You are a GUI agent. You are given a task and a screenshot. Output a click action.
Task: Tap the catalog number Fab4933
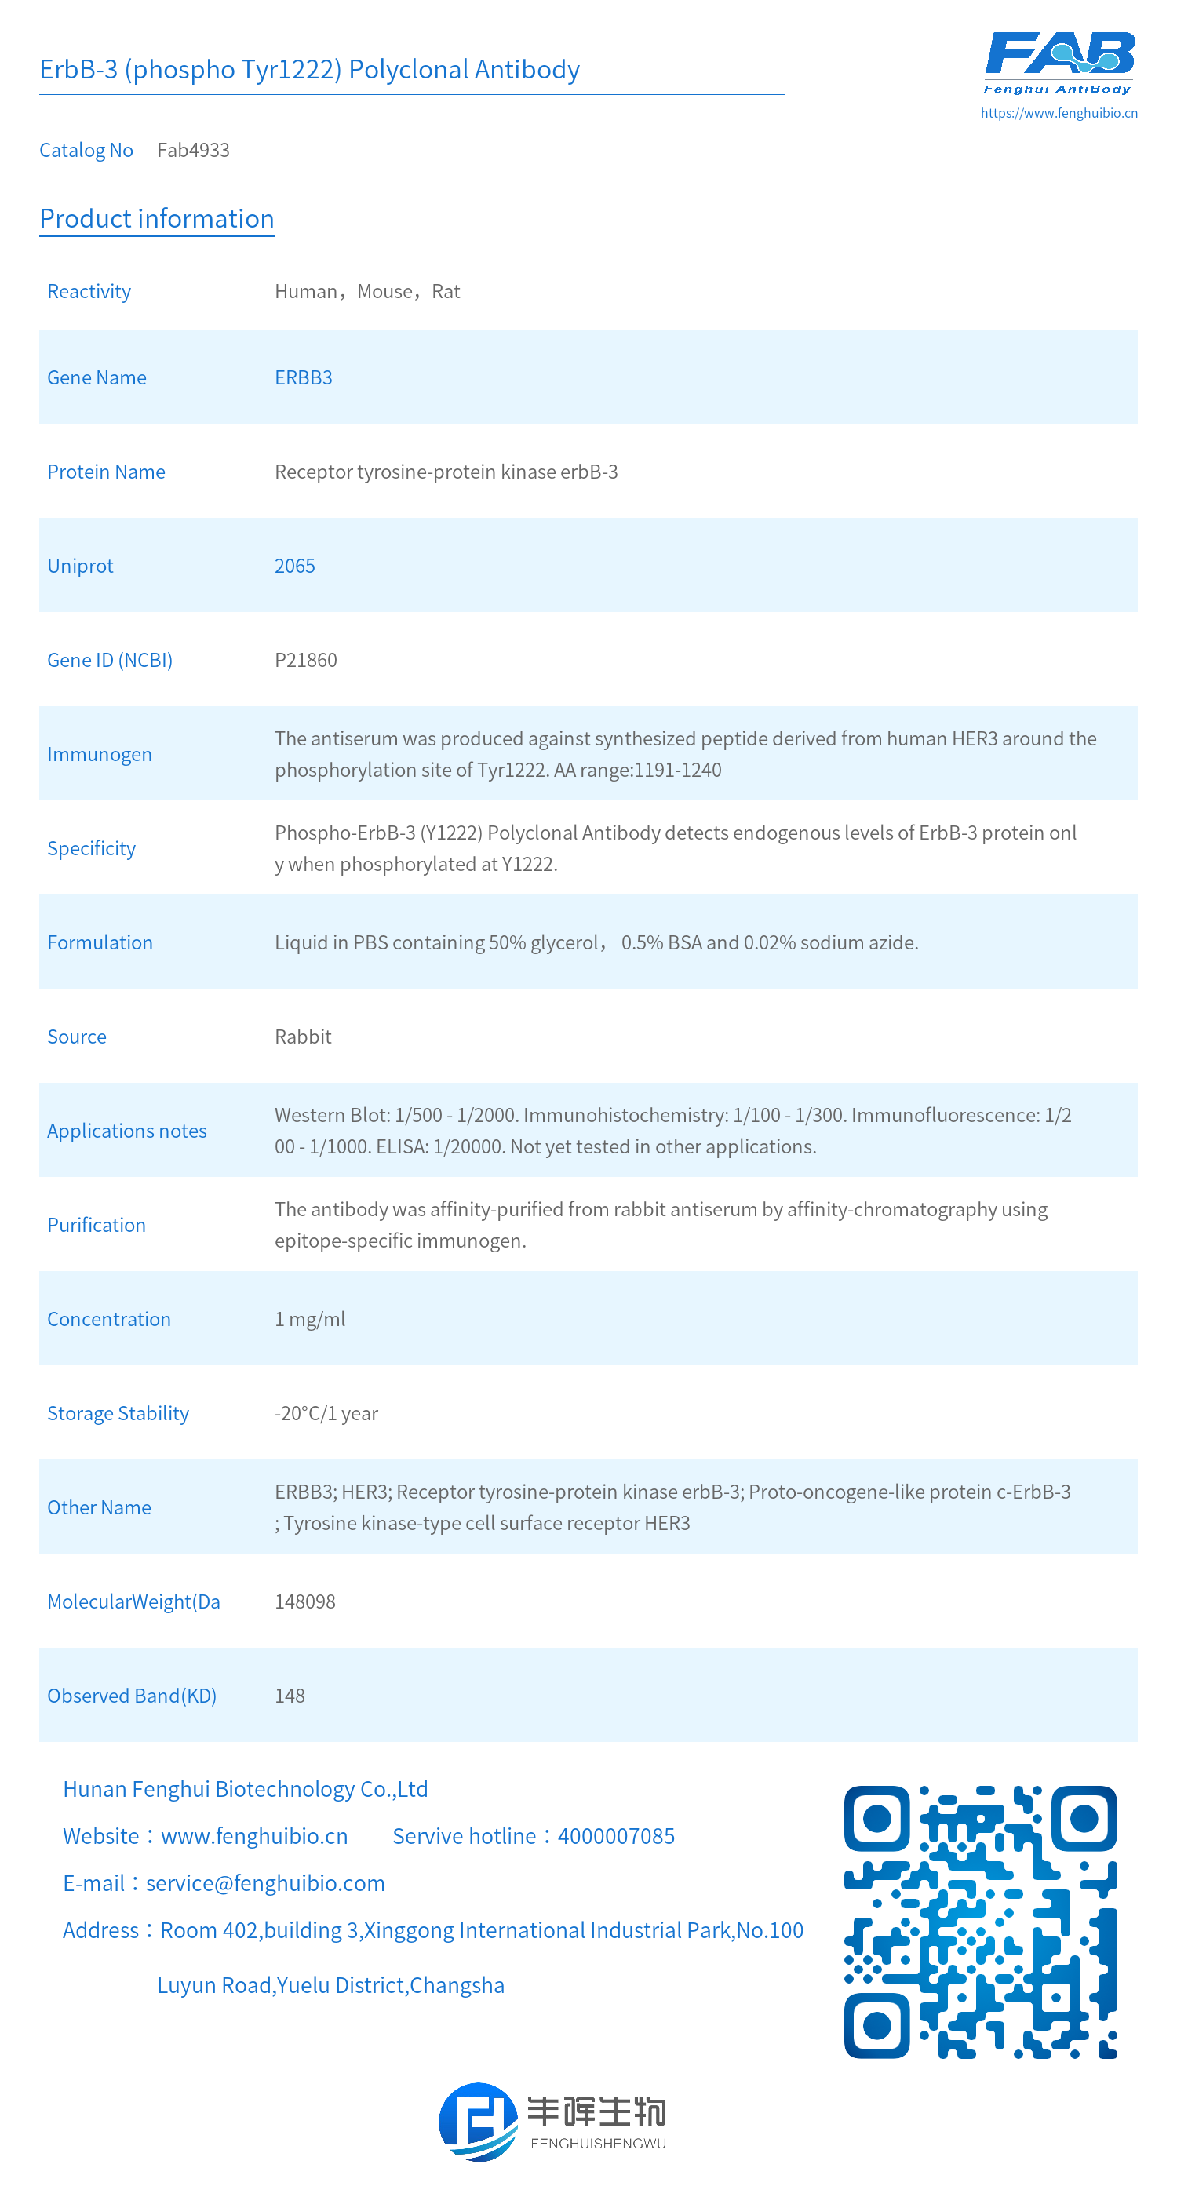pyautogui.click(x=193, y=150)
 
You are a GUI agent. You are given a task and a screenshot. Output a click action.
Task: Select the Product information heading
pyautogui.click(x=157, y=218)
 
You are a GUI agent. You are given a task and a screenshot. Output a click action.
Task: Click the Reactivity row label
pyautogui.click(x=89, y=292)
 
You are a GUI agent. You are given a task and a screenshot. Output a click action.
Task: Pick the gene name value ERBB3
pyautogui.click(x=303, y=378)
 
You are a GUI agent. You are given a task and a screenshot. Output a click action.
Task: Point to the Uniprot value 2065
pyautogui.click(x=294, y=567)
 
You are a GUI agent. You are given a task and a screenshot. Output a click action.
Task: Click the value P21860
pyautogui.click(x=305, y=660)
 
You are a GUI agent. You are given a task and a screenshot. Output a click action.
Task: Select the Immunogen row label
pyautogui.click(x=99, y=755)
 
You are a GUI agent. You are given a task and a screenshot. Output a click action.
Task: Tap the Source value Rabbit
pyautogui.click(x=303, y=1037)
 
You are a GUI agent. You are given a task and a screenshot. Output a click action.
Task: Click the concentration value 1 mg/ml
pyautogui.click(x=310, y=1320)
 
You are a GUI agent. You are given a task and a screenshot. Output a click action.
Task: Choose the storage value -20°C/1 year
pyautogui.click(x=326, y=1413)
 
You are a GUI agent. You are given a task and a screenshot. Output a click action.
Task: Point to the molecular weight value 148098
pyautogui.click(x=304, y=1601)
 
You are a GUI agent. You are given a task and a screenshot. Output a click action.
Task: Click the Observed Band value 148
pyautogui.click(x=289, y=1696)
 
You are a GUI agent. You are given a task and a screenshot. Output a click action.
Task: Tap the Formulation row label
pyautogui.click(x=100, y=942)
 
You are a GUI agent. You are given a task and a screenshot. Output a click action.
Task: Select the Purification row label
pyautogui.click(x=97, y=1225)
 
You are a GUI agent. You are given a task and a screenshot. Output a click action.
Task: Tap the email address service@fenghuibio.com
pyautogui.click(x=265, y=1883)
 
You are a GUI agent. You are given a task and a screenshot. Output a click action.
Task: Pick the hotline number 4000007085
pyautogui.click(x=616, y=1836)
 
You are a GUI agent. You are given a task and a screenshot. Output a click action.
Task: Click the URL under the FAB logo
pyautogui.click(x=1059, y=112)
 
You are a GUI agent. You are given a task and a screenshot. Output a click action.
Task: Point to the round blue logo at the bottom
pyautogui.click(x=478, y=2122)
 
